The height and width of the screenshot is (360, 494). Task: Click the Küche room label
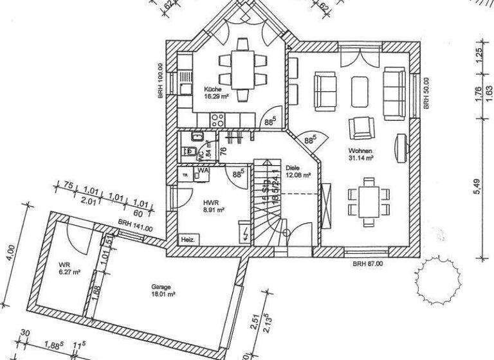point(213,89)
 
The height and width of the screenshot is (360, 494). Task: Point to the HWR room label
point(208,201)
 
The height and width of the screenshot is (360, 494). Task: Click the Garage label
point(161,288)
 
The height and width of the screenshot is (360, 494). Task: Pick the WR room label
point(64,265)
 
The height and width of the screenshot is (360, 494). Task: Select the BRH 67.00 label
point(368,264)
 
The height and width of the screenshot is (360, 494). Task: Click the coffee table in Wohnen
point(360,91)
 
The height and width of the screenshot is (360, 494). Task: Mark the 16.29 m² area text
point(217,96)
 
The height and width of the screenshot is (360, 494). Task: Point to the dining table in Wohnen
point(369,200)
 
